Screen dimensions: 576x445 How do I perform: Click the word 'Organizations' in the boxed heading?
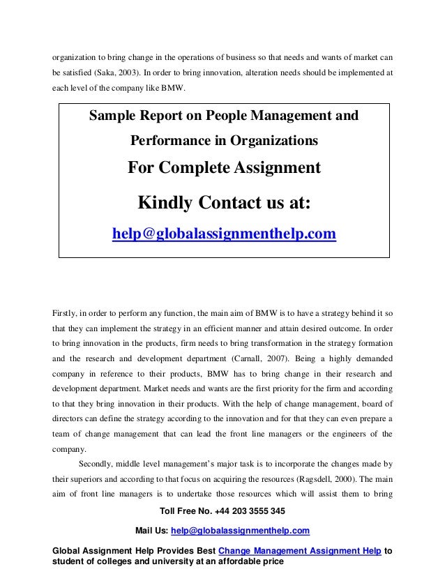coord(273,142)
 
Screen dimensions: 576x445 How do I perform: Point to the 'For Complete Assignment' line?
coord(224,168)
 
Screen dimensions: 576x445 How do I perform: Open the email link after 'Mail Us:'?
coord(236,531)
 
